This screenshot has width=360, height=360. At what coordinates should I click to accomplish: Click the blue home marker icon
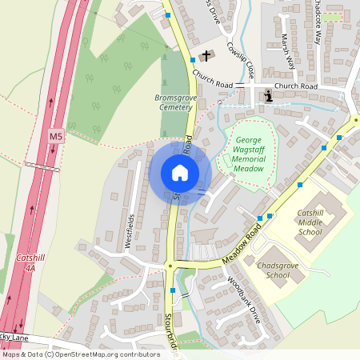180,173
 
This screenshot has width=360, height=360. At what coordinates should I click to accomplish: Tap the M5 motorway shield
55,137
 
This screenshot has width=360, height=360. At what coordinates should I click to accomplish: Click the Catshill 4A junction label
31,264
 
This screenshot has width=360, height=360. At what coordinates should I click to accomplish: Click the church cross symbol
207,55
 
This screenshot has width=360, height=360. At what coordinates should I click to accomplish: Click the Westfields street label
130,231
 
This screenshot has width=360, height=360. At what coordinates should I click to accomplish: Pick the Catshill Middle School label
310,222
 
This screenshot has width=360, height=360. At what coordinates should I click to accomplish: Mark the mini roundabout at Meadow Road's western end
170,266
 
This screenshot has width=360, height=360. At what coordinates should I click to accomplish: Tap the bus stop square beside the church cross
193,59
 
